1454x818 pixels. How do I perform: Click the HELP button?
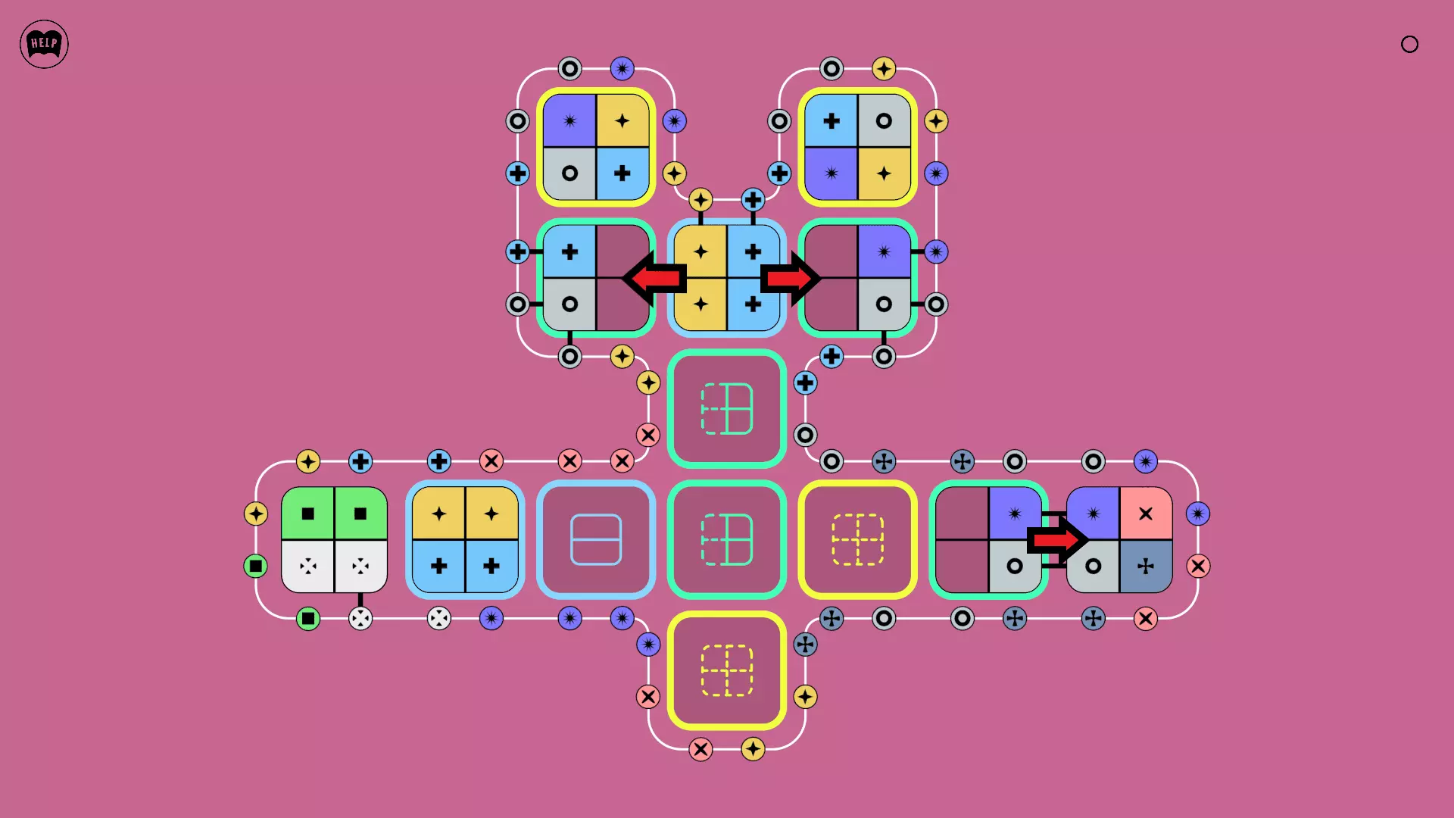(44, 44)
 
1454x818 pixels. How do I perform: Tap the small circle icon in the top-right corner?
(1409, 44)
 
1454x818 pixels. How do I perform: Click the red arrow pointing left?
(654, 278)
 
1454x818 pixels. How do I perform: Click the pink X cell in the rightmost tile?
(1146, 514)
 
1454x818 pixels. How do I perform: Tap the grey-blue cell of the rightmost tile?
(1146, 566)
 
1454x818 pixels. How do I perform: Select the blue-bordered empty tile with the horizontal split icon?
(596, 539)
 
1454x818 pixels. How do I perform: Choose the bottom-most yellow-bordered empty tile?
(727, 670)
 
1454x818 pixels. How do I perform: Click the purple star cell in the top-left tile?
(569, 120)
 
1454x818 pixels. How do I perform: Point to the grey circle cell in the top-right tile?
(884, 120)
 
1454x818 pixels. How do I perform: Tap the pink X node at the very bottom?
(700, 749)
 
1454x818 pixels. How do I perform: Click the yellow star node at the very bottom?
(753, 749)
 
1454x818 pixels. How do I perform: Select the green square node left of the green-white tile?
(256, 566)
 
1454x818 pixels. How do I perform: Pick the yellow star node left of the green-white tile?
(256, 514)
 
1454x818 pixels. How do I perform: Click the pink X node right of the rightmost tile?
(1198, 566)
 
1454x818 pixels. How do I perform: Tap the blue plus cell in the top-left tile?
(622, 173)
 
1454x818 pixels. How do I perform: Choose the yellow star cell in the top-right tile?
(884, 173)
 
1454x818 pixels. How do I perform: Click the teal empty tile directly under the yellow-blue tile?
(727, 408)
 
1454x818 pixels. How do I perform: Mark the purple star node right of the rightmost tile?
(1198, 514)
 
